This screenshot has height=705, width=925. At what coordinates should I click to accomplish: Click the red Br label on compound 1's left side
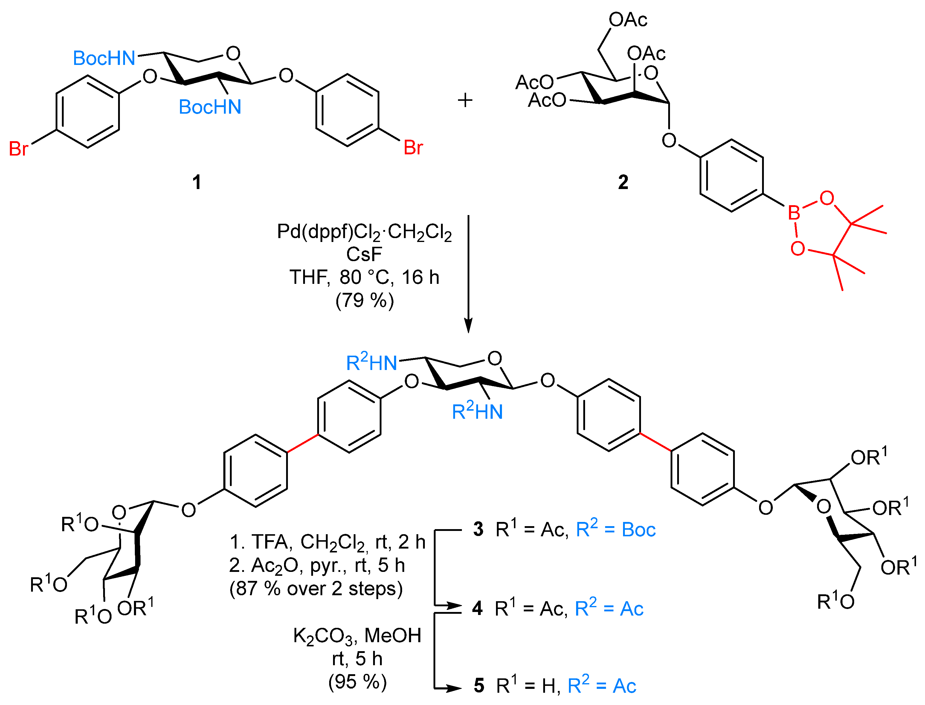pos(19,149)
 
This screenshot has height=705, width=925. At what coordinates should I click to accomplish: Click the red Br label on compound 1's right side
pos(413,148)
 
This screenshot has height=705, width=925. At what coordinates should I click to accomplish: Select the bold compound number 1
pos(196,182)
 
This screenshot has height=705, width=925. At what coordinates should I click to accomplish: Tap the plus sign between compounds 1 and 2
pos(465,100)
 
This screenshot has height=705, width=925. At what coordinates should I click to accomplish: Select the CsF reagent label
pos(364,254)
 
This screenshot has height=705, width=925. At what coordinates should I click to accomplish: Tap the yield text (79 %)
pos(364,301)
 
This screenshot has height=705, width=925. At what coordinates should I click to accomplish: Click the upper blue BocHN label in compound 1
pos(104,58)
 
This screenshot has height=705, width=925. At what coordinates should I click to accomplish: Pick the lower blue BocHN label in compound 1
pos(210,107)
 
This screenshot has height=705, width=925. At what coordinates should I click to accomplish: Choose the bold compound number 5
pos(479,686)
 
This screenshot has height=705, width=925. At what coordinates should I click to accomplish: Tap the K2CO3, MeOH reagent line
pos(357,636)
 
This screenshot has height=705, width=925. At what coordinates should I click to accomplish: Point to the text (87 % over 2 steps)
pos(315,588)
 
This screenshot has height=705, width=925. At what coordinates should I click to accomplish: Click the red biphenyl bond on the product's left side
pos(303,444)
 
